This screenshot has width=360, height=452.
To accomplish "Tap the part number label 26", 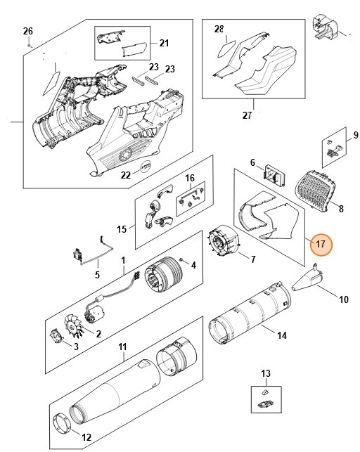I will pos(27,31).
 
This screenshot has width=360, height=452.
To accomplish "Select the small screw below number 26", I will pos(28,44).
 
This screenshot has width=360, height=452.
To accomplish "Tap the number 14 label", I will pos(281,335).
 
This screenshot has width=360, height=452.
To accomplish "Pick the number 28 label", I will pos(219,30).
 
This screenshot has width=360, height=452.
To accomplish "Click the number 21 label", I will pos(164,44).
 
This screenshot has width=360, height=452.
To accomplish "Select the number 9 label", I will pos(355,134).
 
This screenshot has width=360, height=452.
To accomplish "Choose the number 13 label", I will pos(265,373).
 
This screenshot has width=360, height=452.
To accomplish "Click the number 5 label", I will pos(98,275).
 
